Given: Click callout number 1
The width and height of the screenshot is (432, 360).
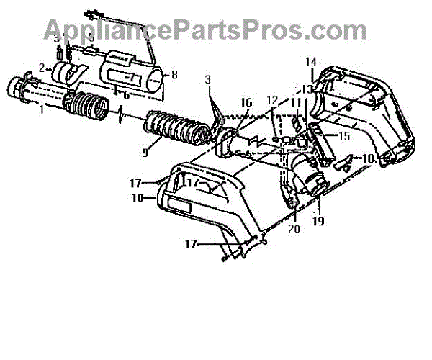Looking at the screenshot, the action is click(42, 109).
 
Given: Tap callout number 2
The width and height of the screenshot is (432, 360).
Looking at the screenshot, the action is click(42, 68).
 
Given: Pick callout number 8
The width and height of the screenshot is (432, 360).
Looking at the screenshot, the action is click(174, 74).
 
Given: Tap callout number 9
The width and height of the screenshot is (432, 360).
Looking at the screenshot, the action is click(145, 152).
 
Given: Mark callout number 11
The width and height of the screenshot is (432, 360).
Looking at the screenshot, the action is click(295, 103).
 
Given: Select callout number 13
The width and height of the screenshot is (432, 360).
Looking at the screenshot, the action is click(307, 89).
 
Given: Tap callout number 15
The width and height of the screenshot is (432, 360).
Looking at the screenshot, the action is click(344, 135).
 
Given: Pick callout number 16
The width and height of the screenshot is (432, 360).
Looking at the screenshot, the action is click(246, 103).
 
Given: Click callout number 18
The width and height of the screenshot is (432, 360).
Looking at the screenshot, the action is click(368, 158).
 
